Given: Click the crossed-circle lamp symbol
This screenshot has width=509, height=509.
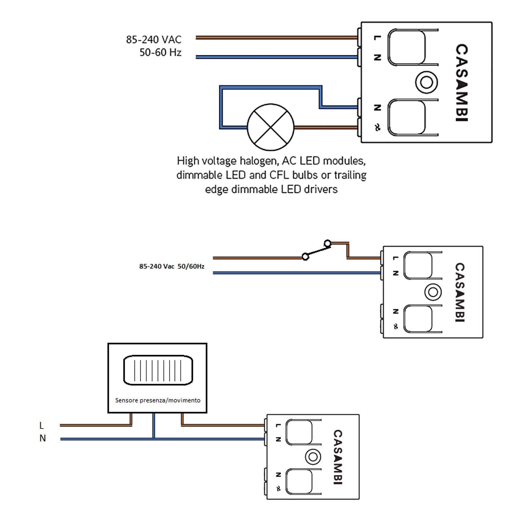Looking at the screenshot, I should [270, 127].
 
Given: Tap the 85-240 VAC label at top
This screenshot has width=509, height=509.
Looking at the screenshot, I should [154, 40].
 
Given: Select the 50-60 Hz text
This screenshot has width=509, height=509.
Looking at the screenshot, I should [160, 52].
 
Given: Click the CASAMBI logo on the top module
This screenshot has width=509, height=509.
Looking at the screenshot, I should [462, 82].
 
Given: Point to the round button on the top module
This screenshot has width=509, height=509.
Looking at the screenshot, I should [426, 82].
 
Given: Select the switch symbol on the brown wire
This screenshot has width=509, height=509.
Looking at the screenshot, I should [316, 250].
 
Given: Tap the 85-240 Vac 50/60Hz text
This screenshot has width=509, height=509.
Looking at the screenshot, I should [172, 266].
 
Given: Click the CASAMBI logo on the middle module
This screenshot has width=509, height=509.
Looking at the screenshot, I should [460, 292].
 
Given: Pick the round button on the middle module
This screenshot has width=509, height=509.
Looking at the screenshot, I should [433, 292].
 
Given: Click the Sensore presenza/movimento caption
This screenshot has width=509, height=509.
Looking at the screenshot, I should [158, 400].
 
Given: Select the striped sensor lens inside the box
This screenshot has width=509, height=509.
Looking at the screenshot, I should [158, 370].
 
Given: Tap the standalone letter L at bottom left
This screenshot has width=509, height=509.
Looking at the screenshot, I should [41, 425].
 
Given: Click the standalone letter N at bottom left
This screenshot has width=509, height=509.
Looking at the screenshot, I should [43, 438].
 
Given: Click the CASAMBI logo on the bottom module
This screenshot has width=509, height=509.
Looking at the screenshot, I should [338, 457].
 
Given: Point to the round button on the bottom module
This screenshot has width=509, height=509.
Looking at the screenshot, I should [313, 457].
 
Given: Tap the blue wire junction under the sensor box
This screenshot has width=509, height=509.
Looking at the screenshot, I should [154, 439].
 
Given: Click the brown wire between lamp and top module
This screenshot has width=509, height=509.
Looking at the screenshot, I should [324, 128].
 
